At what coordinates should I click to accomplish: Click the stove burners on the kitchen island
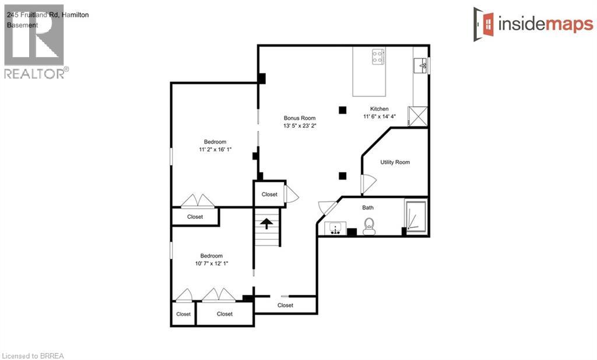click(378, 57)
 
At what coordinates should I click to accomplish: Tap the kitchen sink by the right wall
click(421, 66)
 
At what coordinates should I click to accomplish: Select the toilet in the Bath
click(369, 226)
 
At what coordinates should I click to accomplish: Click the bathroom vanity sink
click(335, 228)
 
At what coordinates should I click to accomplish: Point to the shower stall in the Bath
click(416, 216)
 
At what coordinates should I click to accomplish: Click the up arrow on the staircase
click(266, 223)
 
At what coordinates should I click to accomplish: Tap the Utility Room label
click(395, 162)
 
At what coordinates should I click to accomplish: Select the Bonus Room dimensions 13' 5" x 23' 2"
click(300, 125)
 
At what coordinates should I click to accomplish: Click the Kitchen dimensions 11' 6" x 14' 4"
click(380, 117)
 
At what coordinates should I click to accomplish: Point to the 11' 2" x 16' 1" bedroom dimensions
click(215, 150)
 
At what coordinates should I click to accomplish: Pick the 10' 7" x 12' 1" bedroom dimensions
click(212, 264)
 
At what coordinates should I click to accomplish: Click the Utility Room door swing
click(368, 184)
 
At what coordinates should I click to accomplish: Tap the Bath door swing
click(327, 208)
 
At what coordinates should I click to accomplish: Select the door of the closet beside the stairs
click(292, 194)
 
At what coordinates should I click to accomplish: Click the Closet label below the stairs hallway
click(286, 305)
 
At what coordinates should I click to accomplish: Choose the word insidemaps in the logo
click(546, 25)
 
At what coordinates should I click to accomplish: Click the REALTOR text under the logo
click(34, 74)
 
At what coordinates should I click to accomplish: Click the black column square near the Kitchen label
click(343, 110)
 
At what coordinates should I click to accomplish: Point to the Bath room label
click(368, 208)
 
